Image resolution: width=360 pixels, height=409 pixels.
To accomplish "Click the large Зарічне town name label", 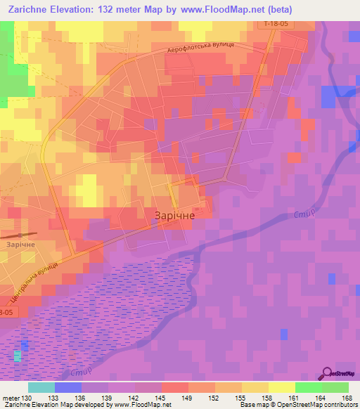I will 174,216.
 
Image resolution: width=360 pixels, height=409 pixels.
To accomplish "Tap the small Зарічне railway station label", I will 20,244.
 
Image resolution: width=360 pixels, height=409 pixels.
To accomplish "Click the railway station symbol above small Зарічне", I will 28,234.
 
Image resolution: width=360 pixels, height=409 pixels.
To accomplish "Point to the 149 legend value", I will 188,398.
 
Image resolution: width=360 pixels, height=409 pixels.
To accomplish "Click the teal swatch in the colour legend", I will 41,387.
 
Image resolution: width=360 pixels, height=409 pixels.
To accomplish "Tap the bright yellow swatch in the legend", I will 281,387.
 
